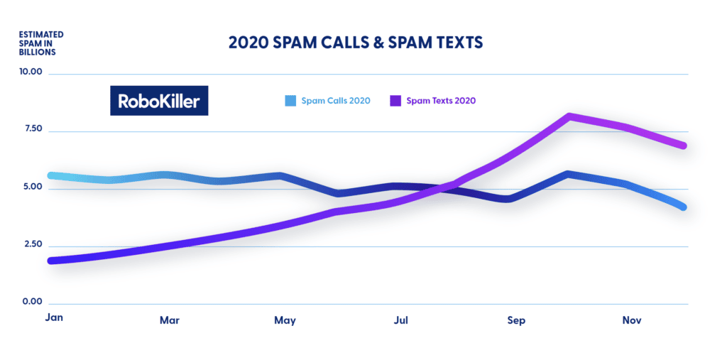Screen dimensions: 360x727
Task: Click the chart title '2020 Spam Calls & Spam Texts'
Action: [355, 43]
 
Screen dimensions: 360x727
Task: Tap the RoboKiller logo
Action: [160, 101]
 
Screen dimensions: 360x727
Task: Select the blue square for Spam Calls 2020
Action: [289, 101]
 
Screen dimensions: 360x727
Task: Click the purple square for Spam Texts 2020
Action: [395, 101]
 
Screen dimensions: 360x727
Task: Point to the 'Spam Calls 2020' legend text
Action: [336, 101]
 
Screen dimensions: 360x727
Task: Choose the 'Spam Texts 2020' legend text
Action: [441, 101]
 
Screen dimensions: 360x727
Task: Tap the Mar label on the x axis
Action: [170, 320]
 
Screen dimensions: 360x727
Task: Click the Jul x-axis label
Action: [400, 320]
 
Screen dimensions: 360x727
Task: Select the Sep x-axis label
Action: [516, 320]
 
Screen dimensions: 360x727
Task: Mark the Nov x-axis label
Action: [632, 320]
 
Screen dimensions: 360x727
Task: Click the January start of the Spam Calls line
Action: [50, 175]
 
